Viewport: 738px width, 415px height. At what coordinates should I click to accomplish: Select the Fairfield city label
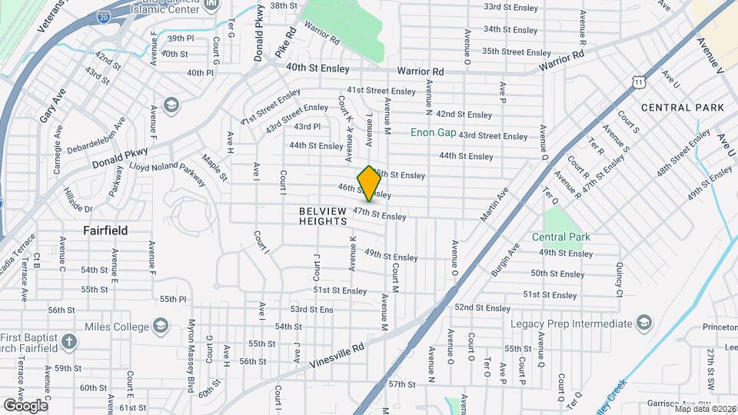coord(105,230)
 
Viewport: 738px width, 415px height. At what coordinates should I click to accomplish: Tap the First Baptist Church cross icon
coord(69,341)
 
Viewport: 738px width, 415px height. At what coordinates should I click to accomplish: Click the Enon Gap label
coord(434,132)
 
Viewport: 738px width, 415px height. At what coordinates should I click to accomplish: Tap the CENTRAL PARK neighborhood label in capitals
coord(682,108)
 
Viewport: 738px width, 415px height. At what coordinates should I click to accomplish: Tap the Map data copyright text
coord(705,409)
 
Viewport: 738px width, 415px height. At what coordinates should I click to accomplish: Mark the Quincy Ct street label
coord(619,281)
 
